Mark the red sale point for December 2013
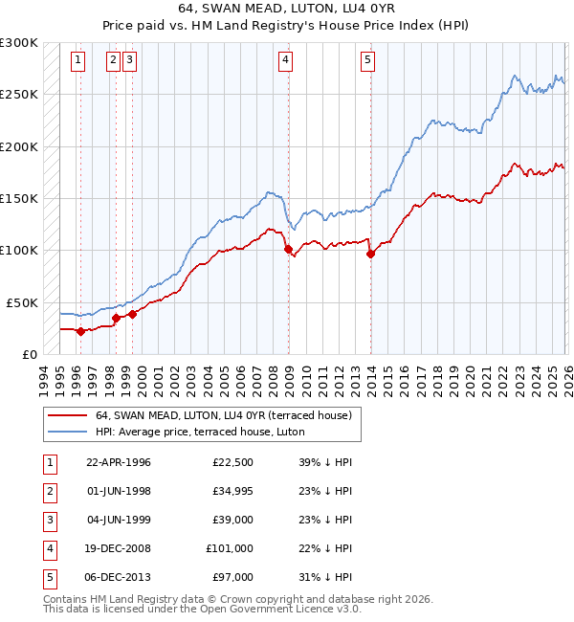tap(370, 254)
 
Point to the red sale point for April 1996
tap(80, 331)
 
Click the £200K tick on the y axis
tap(19, 147)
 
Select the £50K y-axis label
tap(22, 302)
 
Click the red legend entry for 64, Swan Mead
tap(224, 415)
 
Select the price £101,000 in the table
tap(230, 548)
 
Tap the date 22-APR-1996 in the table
tap(119, 462)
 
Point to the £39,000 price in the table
tap(232, 520)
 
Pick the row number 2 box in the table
tap(49, 491)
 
